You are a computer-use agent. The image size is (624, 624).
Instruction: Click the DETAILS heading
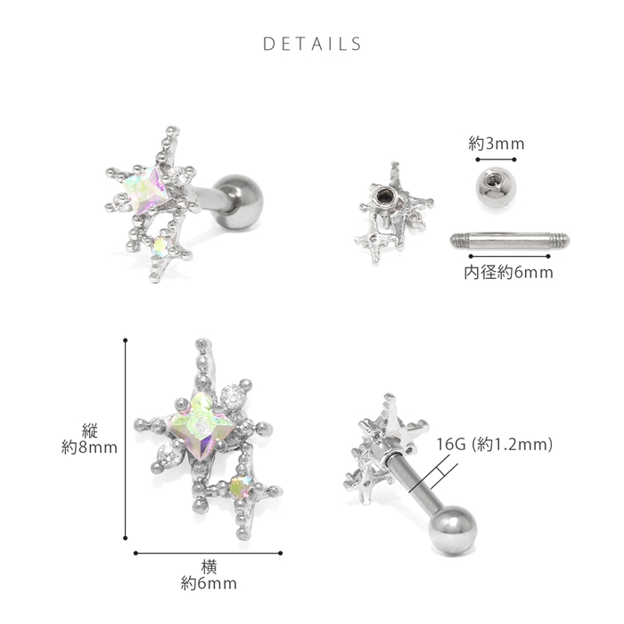312,44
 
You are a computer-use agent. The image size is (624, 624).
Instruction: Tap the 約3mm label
497,144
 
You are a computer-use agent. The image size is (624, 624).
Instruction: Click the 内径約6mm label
509,273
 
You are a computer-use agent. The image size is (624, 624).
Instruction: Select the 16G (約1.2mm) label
495,444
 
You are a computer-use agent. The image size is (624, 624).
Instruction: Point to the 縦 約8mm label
89,439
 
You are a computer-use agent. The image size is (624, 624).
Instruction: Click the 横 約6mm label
209,575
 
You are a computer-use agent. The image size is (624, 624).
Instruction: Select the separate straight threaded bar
510,241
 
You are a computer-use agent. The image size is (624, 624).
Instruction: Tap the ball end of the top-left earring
238,202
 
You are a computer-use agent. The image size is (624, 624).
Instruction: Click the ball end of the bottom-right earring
453,528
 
